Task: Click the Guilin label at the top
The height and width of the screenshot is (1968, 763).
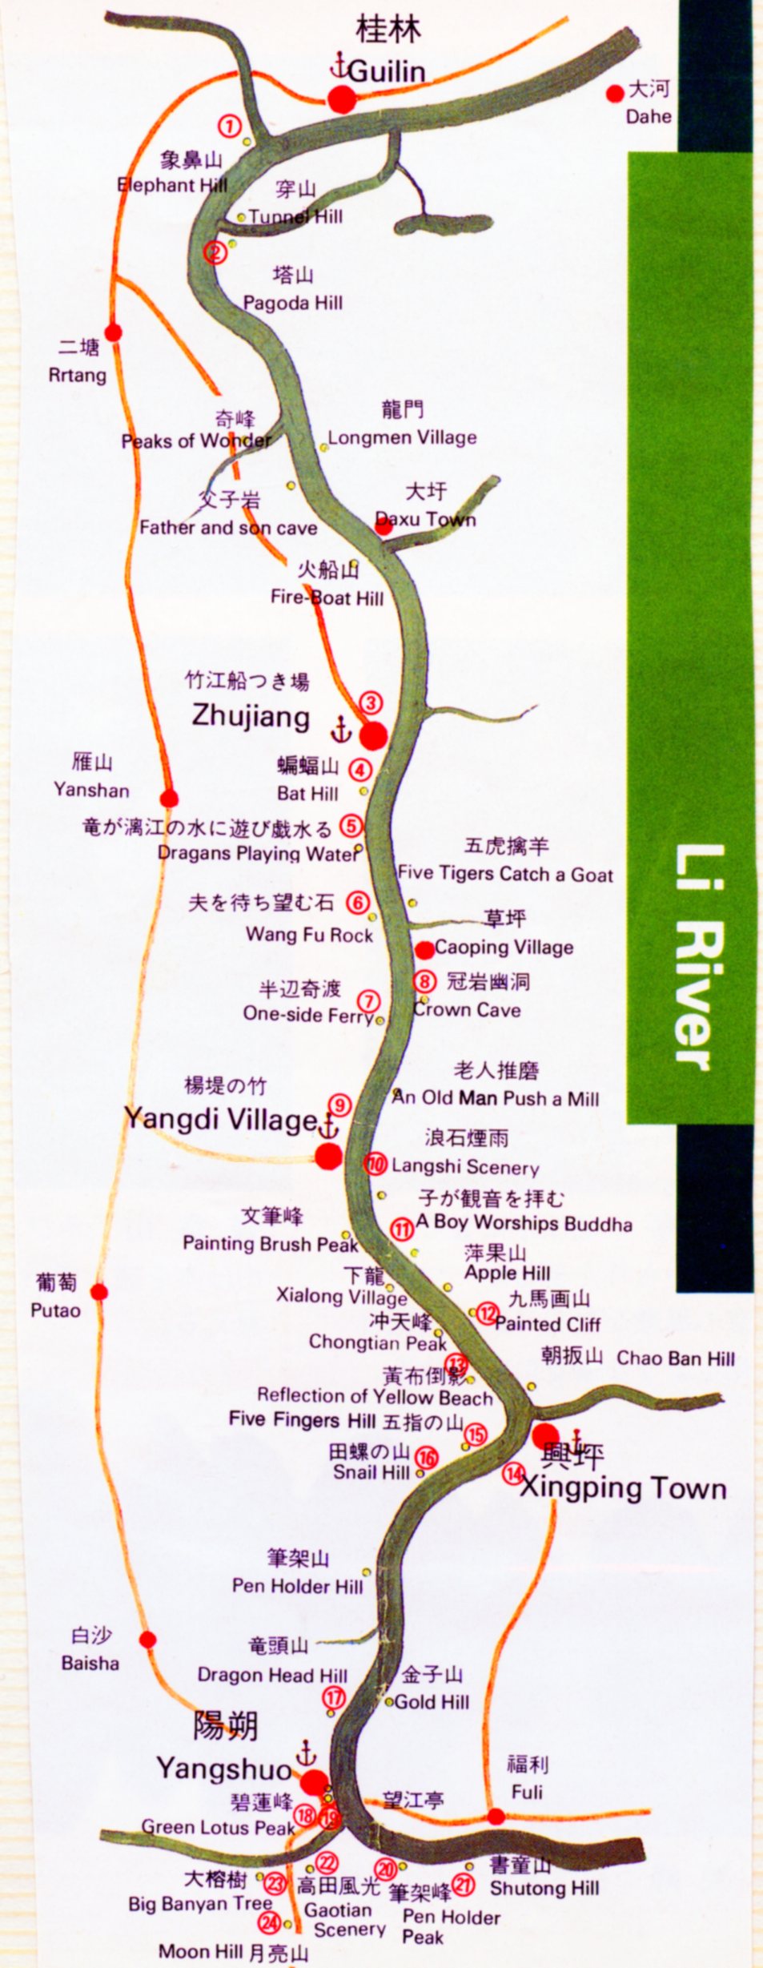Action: (x=387, y=71)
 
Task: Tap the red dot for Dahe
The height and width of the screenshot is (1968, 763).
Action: (x=615, y=94)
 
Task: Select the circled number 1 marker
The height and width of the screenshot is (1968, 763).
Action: (x=230, y=126)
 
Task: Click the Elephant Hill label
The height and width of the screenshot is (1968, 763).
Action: (x=172, y=185)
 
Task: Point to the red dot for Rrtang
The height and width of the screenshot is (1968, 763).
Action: (x=114, y=332)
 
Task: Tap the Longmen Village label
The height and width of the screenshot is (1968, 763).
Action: (x=402, y=437)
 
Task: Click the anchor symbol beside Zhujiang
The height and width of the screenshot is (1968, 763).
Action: (x=341, y=729)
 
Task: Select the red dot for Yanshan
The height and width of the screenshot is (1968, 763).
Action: (x=169, y=798)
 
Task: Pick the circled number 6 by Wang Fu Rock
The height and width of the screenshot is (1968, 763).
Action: (x=357, y=903)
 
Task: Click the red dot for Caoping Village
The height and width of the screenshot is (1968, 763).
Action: (x=424, y=950)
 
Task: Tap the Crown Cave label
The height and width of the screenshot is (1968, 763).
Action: (x=468, y=1010)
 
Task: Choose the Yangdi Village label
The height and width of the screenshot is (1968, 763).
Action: (x=221, y=1119)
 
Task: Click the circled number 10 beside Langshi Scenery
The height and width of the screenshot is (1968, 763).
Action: (x=376, y=1165)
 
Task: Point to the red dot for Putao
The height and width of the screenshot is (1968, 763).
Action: (x=99, y=1291)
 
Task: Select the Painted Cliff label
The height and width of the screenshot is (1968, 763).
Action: (x=548, y=1324)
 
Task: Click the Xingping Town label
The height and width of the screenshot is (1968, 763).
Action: (x=623, y=1488)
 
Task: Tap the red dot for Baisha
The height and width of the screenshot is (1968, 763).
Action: (x=147, y=1640)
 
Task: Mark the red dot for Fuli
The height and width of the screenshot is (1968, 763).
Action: (x=496, y=1817)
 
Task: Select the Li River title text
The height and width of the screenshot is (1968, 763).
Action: (x=693, y=957)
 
